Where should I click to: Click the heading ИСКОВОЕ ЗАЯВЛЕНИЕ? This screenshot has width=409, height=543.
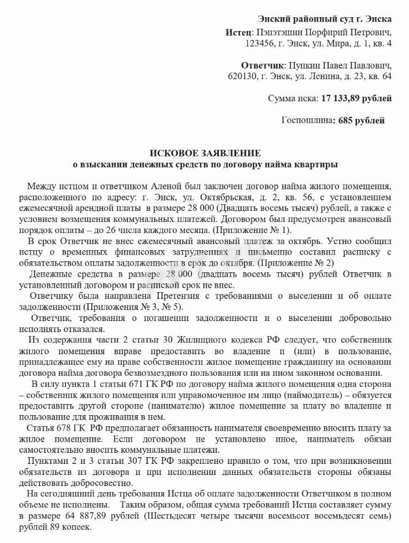tap(205, 153)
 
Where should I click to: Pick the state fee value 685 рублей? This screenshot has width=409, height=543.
tap(360, 120)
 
